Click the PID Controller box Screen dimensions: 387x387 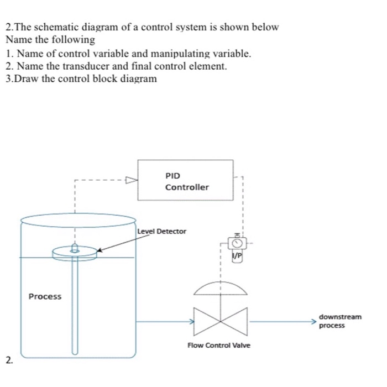(185, 180)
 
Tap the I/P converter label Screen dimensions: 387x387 (237, 256)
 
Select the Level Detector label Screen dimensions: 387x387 (162, 231)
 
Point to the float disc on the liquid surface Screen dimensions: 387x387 (75, 253)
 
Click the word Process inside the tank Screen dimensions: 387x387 (45, 296)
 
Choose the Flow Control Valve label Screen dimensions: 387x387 (219, 346)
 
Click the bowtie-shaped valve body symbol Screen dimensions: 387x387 (221, 321)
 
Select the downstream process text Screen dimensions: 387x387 (339, 321)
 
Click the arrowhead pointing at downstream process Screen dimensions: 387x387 (313, 321)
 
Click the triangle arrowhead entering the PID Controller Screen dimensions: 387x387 (130, 180)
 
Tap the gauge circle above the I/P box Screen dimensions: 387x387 (237, 243)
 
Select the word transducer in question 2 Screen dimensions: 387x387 (79, 66)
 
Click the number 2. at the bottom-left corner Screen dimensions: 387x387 (9, 360)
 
